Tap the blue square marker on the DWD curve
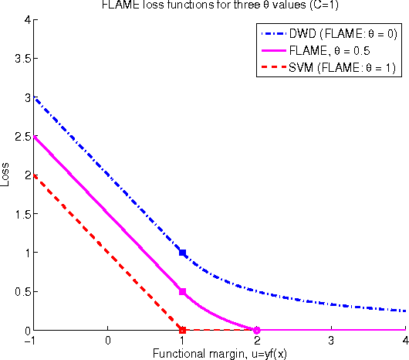[x=182, y=253]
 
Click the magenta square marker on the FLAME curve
[x=182, y=291]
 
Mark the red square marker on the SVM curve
[x=182, y=330]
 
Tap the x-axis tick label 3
[x=331, y=340]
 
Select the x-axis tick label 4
[x=405, y=340]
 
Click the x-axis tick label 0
[x=108, y=340]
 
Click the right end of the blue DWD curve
[x=405, y=311]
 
